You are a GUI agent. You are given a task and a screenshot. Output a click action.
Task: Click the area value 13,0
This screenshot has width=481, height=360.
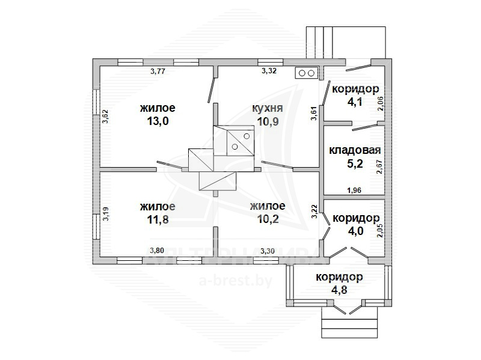pyautogui.click(x=158, y=121)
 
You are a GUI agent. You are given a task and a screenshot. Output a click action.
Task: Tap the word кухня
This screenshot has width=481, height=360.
pyautogui.click(x=268, y=108)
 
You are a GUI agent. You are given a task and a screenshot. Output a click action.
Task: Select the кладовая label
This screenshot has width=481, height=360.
pyautogui.click(x=355, y=150)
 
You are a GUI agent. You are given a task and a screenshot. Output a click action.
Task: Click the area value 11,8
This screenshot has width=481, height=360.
pyautogui.click(x=158, y=219)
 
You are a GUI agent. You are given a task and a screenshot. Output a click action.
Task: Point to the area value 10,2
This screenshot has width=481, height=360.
pyautogui.click(x=268, y=219)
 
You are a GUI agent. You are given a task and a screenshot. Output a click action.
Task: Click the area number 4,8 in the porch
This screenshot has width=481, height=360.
pyautogui.click(x=339, y=290)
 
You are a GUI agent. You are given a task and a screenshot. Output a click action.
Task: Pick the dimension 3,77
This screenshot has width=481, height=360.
pyautogui.click(x=158, y=72)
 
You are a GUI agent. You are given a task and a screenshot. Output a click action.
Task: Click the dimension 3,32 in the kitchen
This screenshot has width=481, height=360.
pyautogui.click(x=269, y=71)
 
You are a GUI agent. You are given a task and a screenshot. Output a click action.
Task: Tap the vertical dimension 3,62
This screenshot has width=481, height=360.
pyautogui.click(x=105, y=117)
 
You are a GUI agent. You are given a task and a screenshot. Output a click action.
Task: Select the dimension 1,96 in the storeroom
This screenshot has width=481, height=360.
pyautogui.click(x=354, y=190)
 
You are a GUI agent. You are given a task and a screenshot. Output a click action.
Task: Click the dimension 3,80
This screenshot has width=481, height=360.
pyautogui.click(x=157, y=251)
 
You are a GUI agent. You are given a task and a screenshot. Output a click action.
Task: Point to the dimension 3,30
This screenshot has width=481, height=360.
pyautogui.click(x=268, y=251)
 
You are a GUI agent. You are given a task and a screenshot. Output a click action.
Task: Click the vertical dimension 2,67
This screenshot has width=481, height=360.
pyautogui.click(x=380, y=167)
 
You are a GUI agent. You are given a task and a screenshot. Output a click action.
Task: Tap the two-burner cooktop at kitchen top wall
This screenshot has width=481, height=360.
pyautogui.click(x=307, y=73)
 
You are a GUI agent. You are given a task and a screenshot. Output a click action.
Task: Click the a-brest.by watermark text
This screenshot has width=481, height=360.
pyautogui.click(x=236, y=280)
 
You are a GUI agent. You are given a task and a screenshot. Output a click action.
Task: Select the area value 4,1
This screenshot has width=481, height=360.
pyautogui.click(x=355, y=102)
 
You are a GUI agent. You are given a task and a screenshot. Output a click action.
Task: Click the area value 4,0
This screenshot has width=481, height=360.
pyautogui.click(x=355, y=231)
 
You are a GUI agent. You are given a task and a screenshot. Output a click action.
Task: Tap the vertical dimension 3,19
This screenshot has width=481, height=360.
pyautogui.click(x=106, y=214)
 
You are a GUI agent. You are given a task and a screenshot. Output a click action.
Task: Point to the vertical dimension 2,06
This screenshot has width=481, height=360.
pyautogui.click(x=380, y=103)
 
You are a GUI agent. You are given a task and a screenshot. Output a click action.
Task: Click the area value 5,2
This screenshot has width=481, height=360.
pyautogui.click(x=355, y=163)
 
